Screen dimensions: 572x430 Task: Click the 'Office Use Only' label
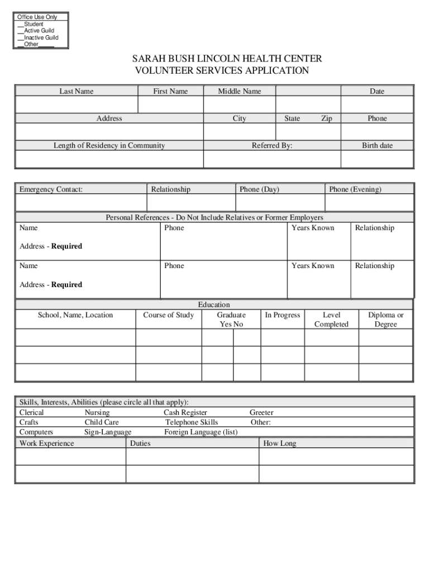37,17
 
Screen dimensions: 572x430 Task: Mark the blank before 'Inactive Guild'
21,37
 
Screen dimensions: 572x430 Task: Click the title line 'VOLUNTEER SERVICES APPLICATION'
222,71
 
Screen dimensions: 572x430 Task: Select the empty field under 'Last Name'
77,104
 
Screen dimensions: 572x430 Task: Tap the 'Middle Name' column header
239,91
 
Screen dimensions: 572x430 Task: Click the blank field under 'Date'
377,104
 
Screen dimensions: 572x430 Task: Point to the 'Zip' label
327,118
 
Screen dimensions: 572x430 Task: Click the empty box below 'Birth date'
377,159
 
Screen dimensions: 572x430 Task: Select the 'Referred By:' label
272,145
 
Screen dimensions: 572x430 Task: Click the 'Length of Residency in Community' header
109,145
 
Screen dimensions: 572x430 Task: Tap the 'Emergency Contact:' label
51,189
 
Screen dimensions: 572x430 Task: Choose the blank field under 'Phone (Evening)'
369,202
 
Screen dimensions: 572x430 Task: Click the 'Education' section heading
214,304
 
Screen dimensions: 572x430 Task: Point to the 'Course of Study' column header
169,315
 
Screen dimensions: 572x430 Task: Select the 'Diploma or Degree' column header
385,320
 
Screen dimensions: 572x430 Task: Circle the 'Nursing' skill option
97,413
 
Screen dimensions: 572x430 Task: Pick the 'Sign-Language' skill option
108,432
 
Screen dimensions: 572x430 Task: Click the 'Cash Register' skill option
185,413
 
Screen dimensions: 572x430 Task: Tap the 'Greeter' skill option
261,413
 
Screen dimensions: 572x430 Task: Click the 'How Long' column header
280,444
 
